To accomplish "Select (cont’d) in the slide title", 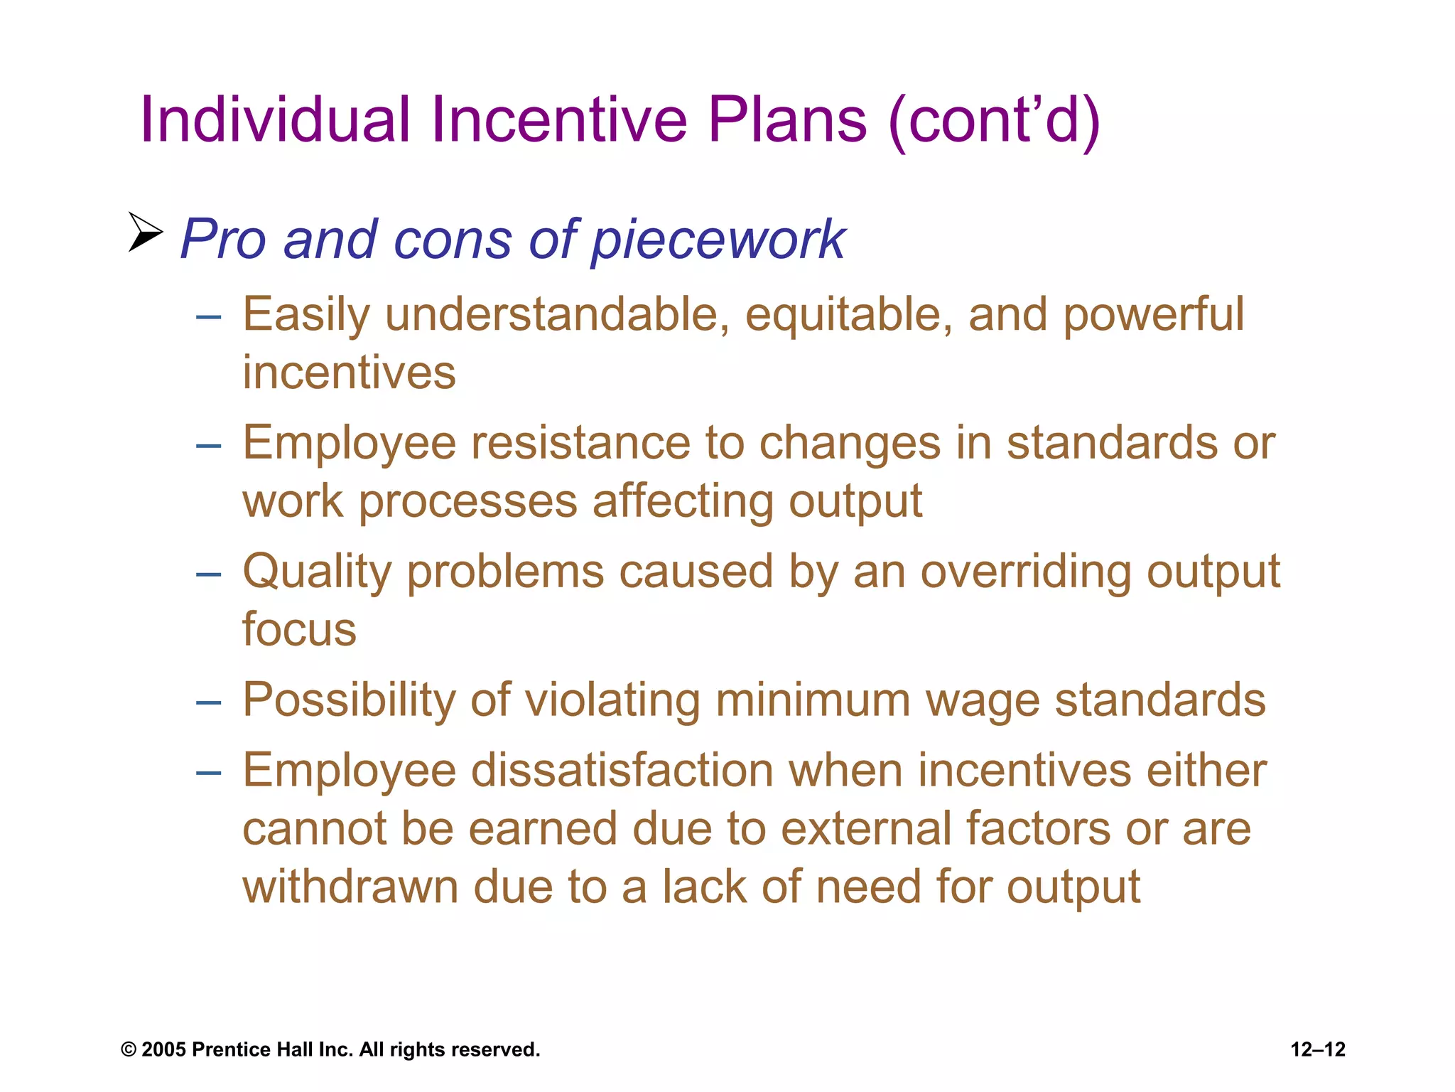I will click(994, 121).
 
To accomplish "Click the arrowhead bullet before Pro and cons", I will click(146, 232).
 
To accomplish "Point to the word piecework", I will click(718, 240).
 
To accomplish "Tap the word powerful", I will click(1153, 314).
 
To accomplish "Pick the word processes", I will click(468, 501).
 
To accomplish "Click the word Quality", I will click(316, 572).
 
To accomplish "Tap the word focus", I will click(299, 630).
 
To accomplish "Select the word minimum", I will click(813, 700).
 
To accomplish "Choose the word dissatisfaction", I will click(622, 771).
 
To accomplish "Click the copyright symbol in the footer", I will click(128, 1050).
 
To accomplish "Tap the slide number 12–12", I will click(1318, 1050).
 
